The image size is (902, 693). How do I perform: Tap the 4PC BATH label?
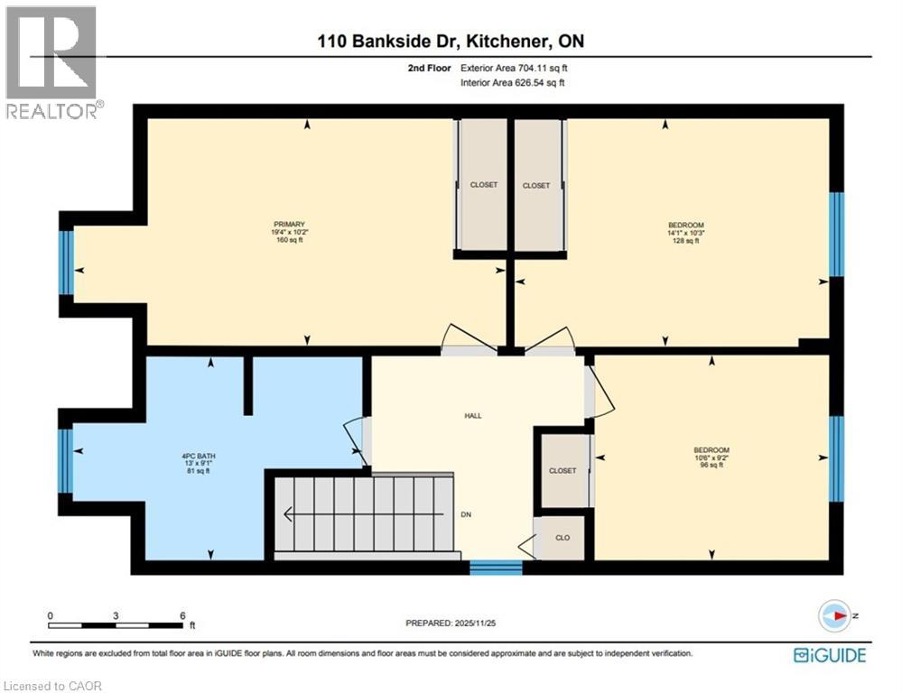(x=198, y=456)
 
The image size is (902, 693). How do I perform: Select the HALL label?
(x=473, y=416)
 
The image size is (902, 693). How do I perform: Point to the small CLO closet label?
(x=562, y=537)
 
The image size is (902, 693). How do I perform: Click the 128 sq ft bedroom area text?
(x=685, y=241)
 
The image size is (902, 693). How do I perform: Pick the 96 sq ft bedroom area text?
(x=711, y=466)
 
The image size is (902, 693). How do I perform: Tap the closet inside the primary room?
(x=483, y=185)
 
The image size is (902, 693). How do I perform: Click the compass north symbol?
(x=835, y=615)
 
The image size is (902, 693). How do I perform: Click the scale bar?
(x=116, y=624)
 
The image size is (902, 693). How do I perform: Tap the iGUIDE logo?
(x=829, y=655)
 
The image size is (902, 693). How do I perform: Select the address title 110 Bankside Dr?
(x=456, y=41)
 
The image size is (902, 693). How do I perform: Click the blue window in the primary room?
(x=66, y=263)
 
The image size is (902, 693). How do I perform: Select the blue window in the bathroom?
(x=66, y=461)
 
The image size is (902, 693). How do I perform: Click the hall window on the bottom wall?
(x=496, y=568)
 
